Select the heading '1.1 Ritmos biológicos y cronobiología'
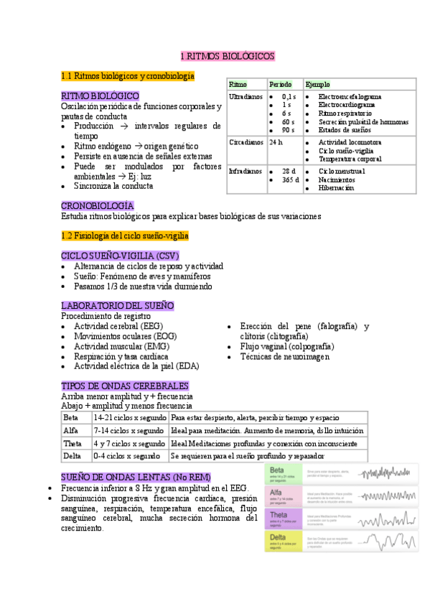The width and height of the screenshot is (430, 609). [x=128, y=75]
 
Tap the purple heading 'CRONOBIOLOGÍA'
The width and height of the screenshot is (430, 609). [x=98, y=205]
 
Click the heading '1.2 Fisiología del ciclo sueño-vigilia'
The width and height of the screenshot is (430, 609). [x=125, y=235]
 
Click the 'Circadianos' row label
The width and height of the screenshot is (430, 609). [x=246, y=142]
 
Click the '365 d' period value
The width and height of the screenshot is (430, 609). [x=289, y=180]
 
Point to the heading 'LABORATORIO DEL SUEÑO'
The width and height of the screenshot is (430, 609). [x=118, y=305]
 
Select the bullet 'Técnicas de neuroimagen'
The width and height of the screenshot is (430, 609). [x=285, y=356]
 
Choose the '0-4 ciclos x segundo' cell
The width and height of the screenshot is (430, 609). [x=126, y=456]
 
